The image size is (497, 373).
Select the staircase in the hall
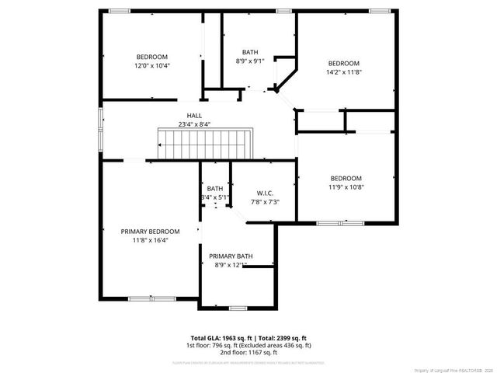(206, 143)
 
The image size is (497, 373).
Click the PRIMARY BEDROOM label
(150, 232)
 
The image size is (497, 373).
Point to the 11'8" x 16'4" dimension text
(150, 240)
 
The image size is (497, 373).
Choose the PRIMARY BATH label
(231, 256)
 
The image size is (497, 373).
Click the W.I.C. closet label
(265, 193)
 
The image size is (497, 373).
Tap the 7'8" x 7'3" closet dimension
(265, 202)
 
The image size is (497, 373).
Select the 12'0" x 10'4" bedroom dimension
(152, 65)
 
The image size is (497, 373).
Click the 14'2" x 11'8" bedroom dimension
(343, 71)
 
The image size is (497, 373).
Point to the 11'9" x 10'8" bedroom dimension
(346, 186)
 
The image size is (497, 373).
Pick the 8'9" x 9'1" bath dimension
(250, 61)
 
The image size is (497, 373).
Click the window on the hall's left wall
(100, 125)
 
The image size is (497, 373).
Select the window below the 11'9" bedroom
(340, 223)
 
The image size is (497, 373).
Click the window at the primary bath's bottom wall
(237, 309)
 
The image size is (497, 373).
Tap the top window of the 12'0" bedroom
(119, 10)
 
